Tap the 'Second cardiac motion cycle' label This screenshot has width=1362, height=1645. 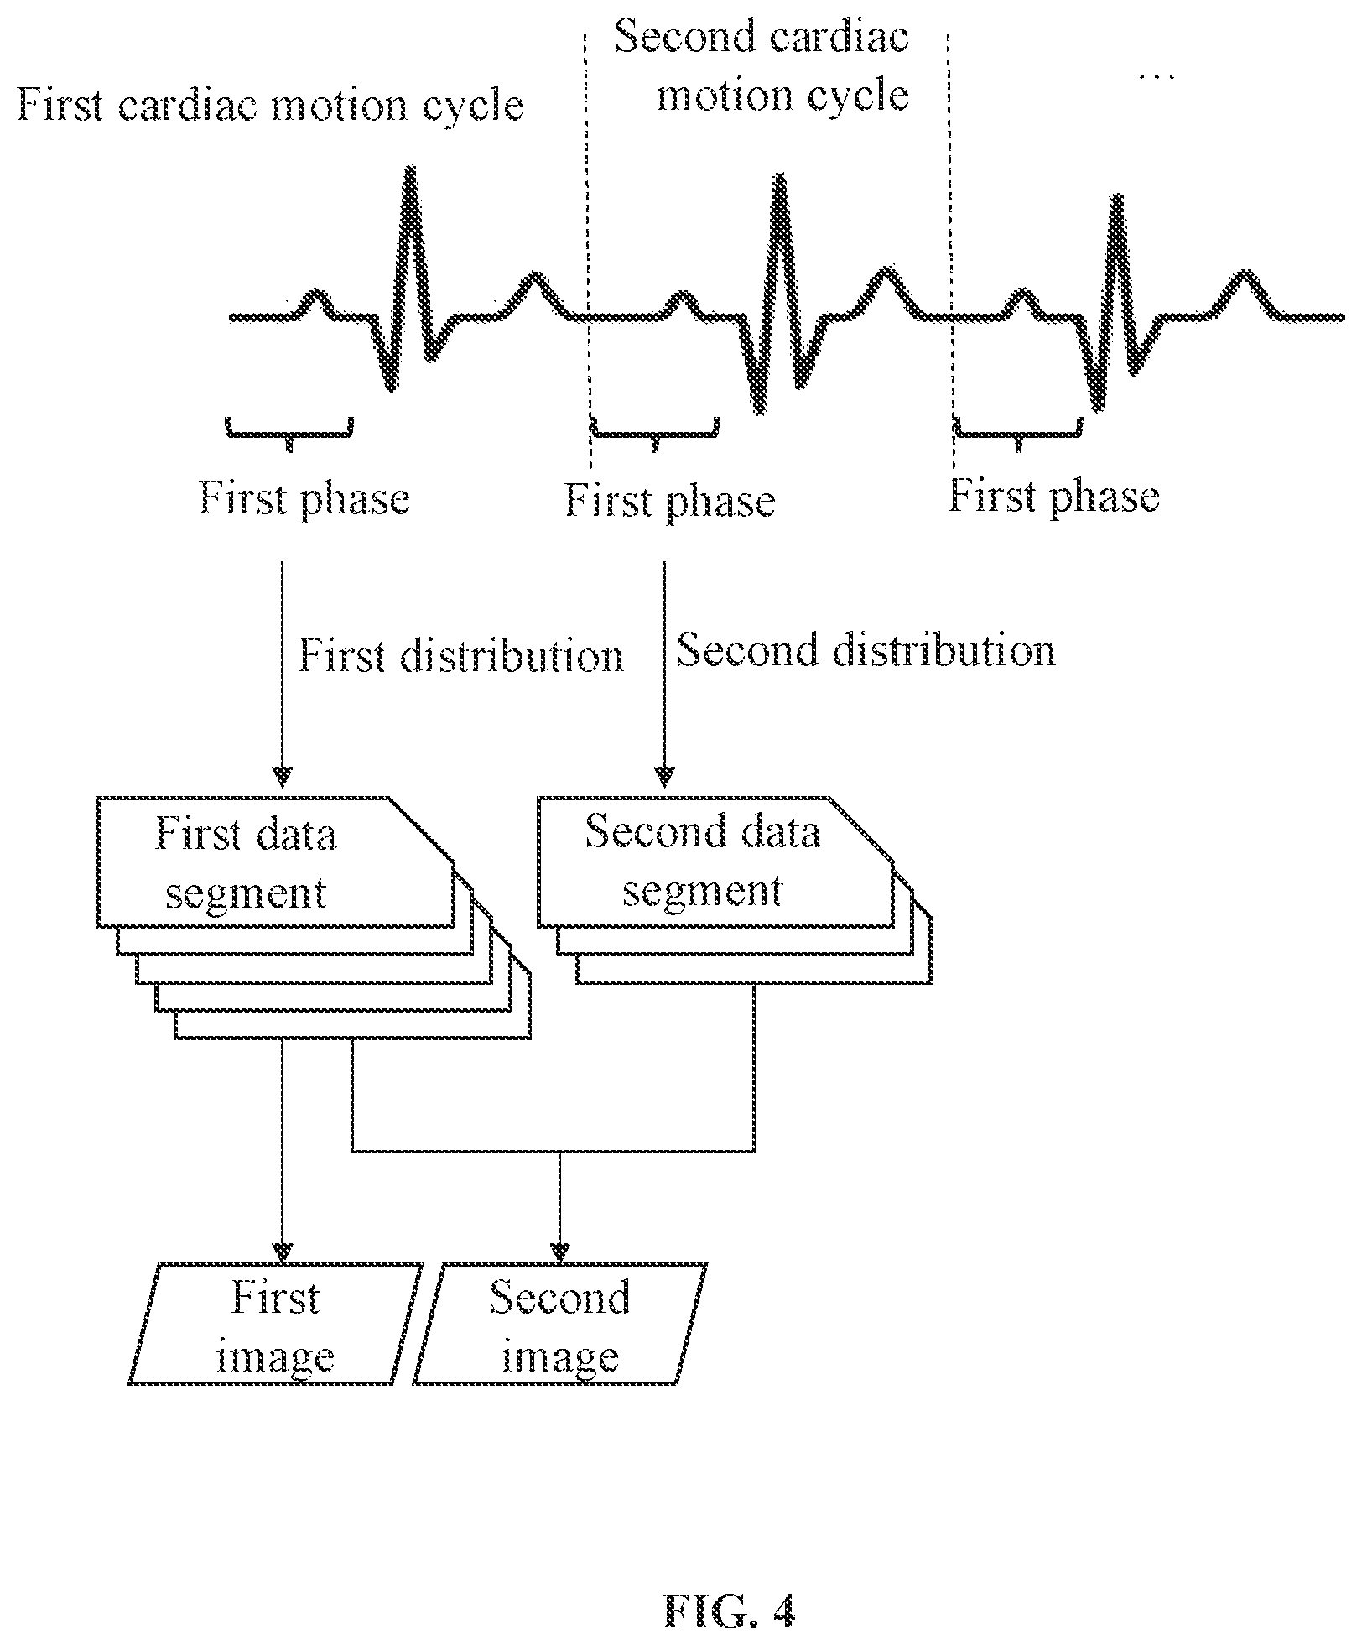click(762, 67)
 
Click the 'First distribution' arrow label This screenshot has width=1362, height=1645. click(461, 656)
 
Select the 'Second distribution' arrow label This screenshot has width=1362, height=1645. click(866, 651)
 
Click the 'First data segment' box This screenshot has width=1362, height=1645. click(277, 862)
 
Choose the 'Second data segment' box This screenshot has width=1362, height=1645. click(715, 862)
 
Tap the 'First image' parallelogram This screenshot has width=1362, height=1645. click(275, 1324)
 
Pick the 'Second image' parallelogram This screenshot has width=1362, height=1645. click(560, 1324)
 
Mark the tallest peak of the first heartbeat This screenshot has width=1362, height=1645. click(409, 169)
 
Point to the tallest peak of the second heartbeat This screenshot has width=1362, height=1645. click(781, 177)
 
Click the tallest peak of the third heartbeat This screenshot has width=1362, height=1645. click(1117, 198)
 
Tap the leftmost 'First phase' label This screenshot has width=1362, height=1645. click(304, 498)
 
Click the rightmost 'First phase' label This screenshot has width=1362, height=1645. click(1054, 497)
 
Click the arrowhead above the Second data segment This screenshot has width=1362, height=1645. click(665, 778)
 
